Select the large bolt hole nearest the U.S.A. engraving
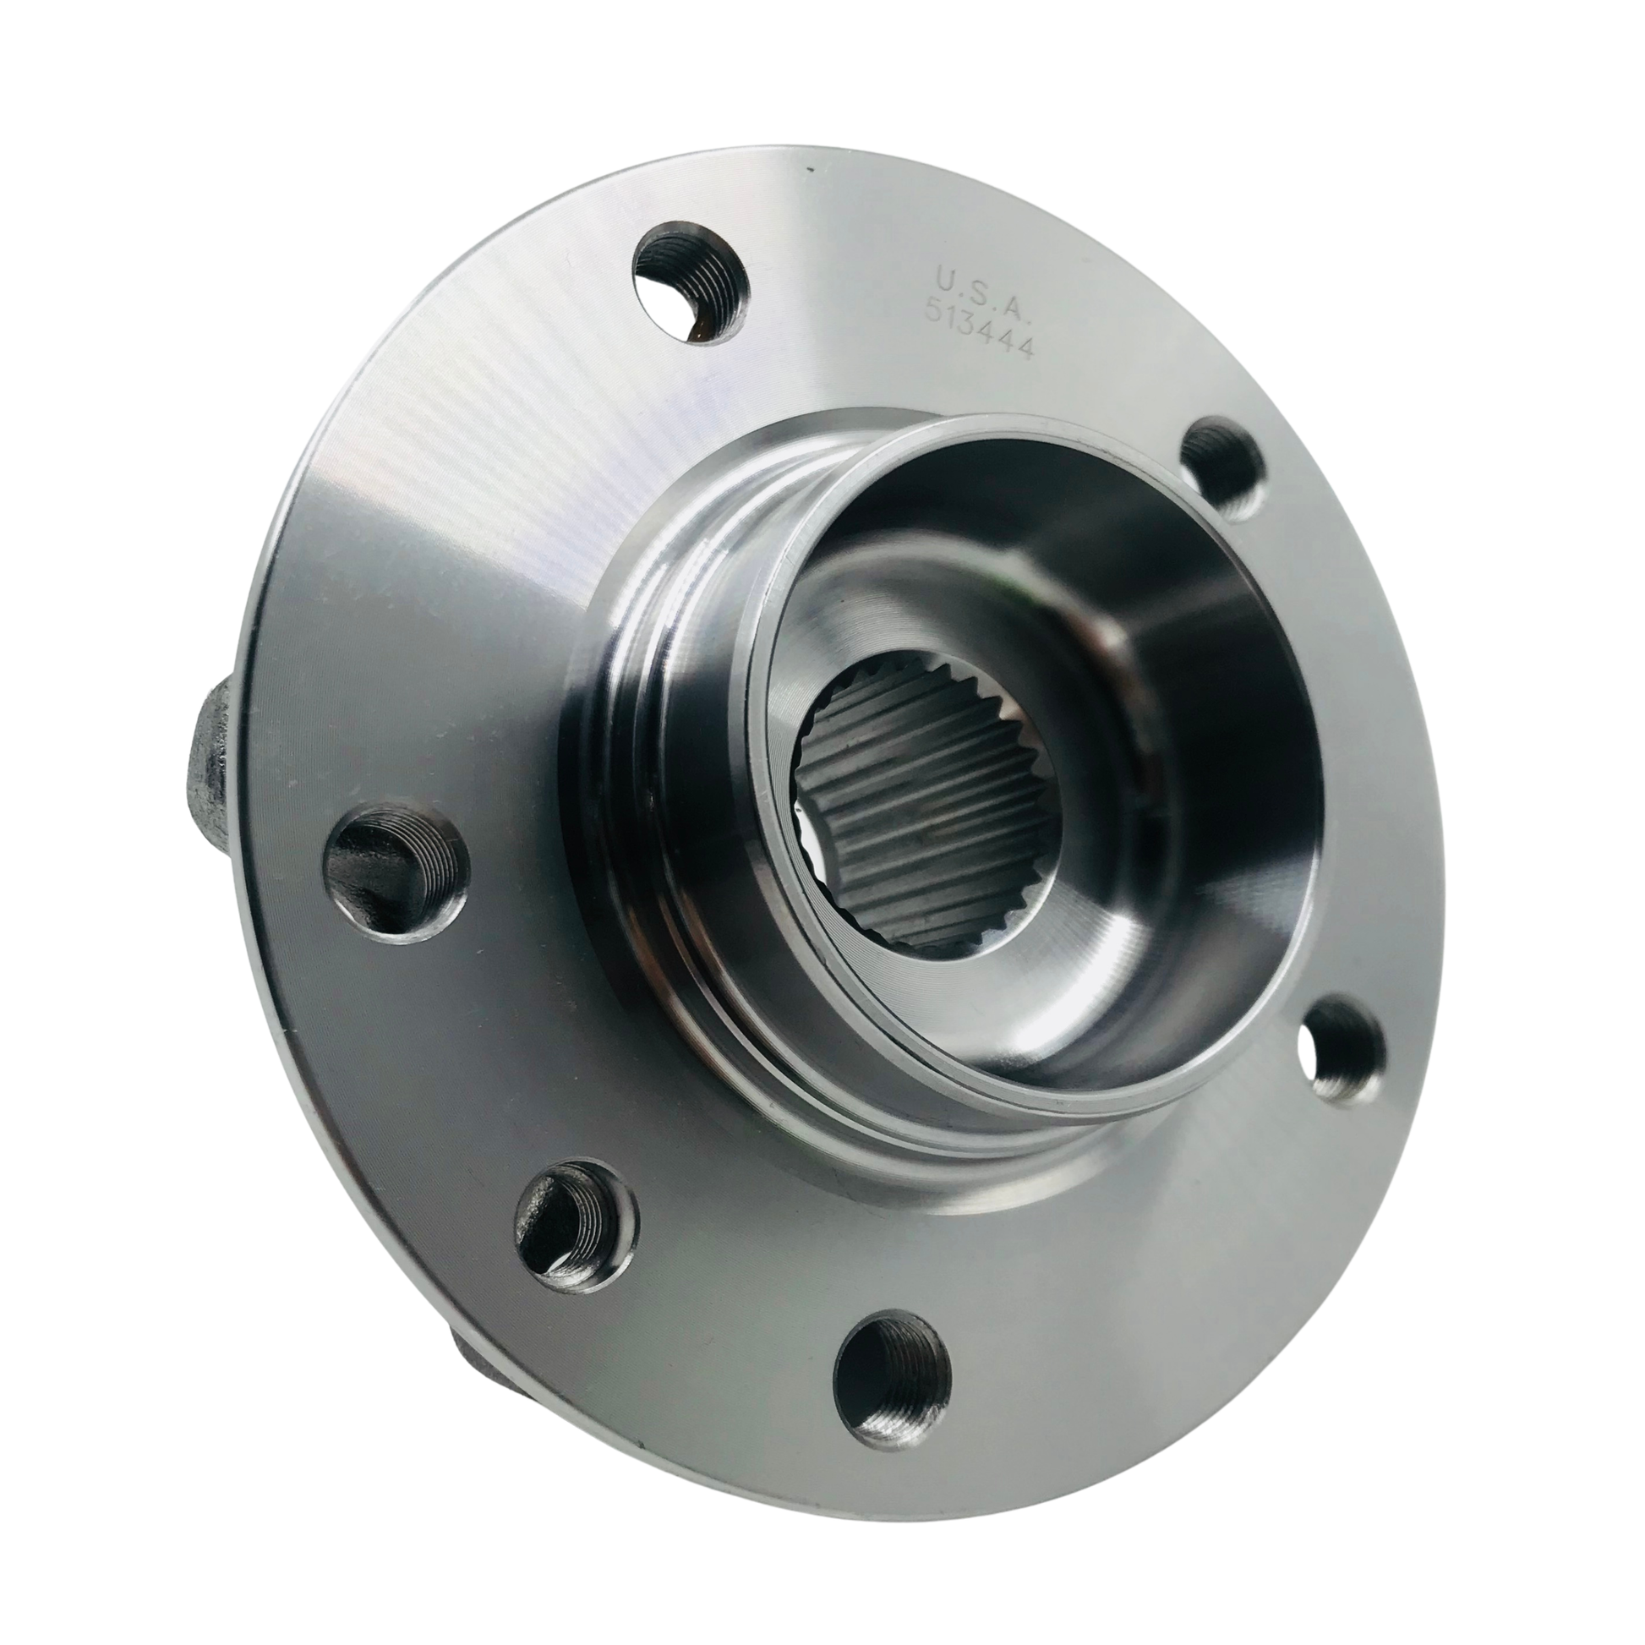pyautogui.click(x=690, y=290)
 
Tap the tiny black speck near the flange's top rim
pyautogui.click(x=810, y=172)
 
